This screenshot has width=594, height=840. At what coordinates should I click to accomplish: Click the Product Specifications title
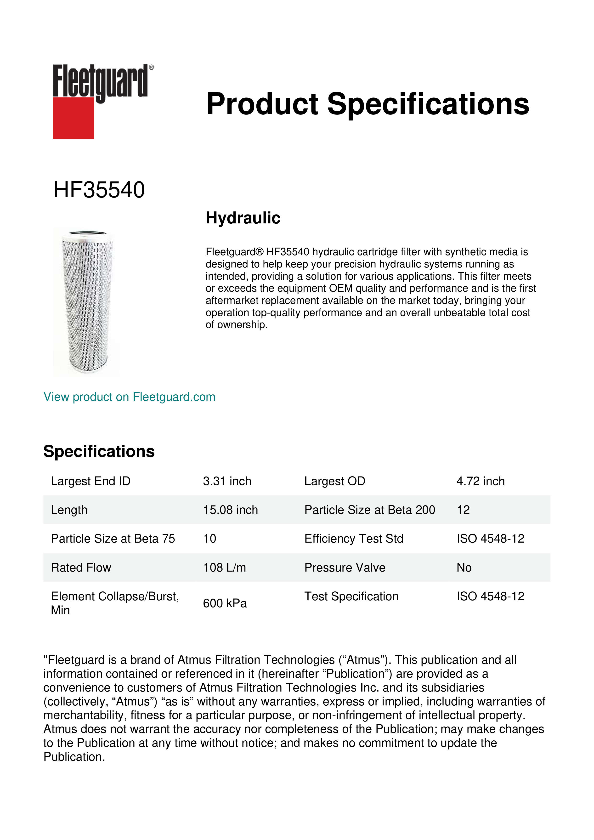367,104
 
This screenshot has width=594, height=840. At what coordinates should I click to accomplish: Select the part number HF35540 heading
99,190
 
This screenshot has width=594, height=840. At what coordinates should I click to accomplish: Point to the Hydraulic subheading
243,218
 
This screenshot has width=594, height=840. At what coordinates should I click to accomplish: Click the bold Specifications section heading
99,451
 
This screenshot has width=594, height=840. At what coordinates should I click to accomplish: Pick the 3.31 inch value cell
227,481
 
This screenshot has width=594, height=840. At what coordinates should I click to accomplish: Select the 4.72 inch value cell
480,481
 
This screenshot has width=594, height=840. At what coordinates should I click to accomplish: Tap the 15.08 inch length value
230,510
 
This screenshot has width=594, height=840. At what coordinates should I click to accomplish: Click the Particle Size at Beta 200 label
369,510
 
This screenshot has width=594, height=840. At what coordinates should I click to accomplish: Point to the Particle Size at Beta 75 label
113,539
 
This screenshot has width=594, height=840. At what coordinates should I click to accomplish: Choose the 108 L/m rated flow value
224,568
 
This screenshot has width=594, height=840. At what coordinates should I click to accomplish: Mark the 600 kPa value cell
225,603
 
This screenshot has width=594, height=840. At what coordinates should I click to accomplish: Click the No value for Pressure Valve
464,568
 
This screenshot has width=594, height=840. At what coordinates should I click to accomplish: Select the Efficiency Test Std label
354,539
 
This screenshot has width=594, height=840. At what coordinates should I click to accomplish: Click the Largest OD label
335,481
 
